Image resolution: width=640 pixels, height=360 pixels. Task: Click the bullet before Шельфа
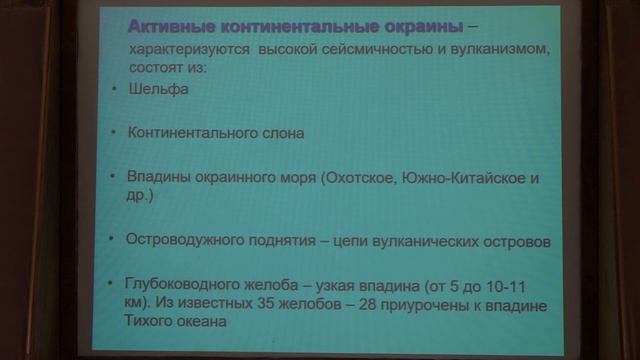pyautogui.click(x=112, y=90)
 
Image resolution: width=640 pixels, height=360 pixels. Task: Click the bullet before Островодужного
pyautogui.click(x=112, y=241)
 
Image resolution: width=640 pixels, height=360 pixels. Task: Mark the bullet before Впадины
pyautogui.click(x=112, y=178)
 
